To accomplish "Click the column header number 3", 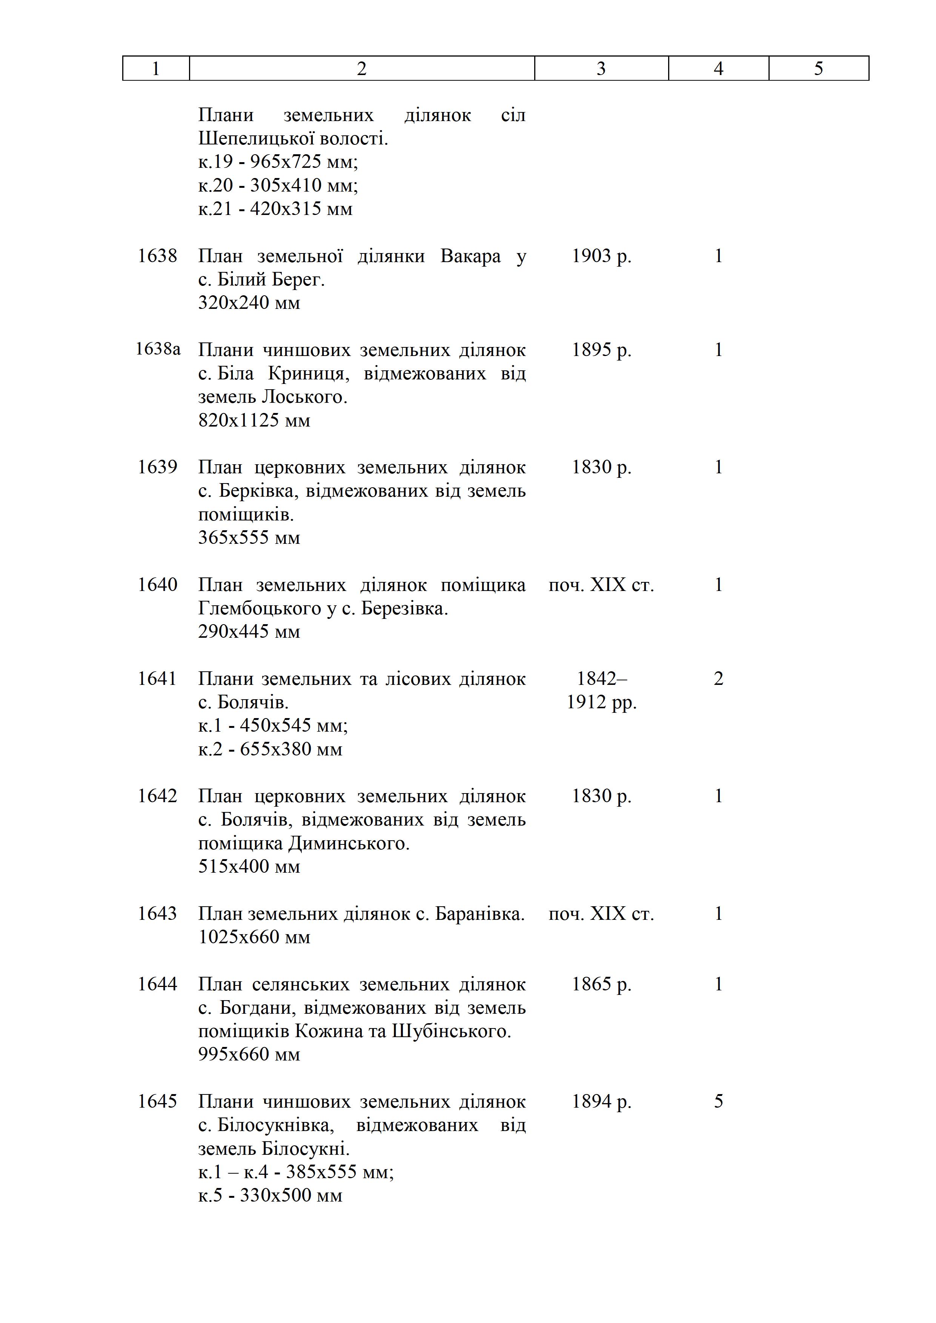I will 601,69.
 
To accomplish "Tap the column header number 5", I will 818,69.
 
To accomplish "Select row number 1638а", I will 157,349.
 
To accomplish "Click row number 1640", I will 157,585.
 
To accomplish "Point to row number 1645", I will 157,1101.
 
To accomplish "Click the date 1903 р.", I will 601,256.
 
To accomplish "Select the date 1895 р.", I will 601,350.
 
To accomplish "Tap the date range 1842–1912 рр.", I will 601,690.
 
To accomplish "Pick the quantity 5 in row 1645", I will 718,1101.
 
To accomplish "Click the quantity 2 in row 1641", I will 718,679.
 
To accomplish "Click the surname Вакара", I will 470,256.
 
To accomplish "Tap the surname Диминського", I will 348,844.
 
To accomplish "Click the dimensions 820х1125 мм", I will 254,421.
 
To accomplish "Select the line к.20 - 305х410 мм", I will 278,186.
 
